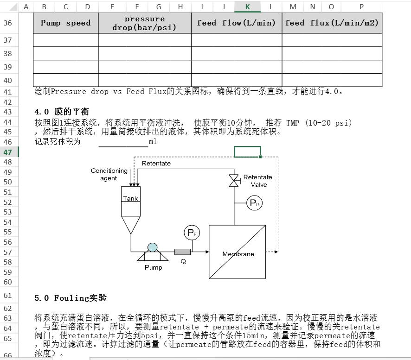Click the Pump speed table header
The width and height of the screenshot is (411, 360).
pyautogui.click(x=65, y=23)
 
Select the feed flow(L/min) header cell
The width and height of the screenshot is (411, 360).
pyautogui.click(x=236, y=23)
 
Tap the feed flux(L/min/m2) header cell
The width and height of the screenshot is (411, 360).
pyautogui.click(x=332, y=23)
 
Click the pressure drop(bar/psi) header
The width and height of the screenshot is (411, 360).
pyautogui.click(x=145, y=23)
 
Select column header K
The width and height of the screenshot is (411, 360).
pyautogui.click(x=247, y=6)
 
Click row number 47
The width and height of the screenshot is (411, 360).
pyautogui.click(x=8, y=152)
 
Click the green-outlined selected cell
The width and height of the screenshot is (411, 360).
pyautogui.click(x=247, y=152)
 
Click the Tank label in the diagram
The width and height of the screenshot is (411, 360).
pyautogui.click(x=130, y=199)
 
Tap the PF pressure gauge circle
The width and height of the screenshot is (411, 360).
pyautogui.click(x=191, y=233)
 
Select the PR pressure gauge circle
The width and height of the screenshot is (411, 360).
pyautogui.click(x=254, y=203)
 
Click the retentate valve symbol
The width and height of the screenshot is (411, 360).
pyautogui.click(x=233, y=181)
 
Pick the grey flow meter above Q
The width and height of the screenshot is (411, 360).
pyautogui.click(x=182, y=252)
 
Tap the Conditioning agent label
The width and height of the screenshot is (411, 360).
pyautogui.click(x=109, y=174)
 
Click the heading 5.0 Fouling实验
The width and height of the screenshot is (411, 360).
pyautogui.click(x=71, y=297)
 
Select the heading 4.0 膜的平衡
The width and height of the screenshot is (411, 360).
pyautogui.click(x=62, y=112)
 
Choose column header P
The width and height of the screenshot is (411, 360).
pyautogui.click(x=361, y=6)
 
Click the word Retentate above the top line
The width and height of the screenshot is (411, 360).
pyautogui.click(x=156, y=163)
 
